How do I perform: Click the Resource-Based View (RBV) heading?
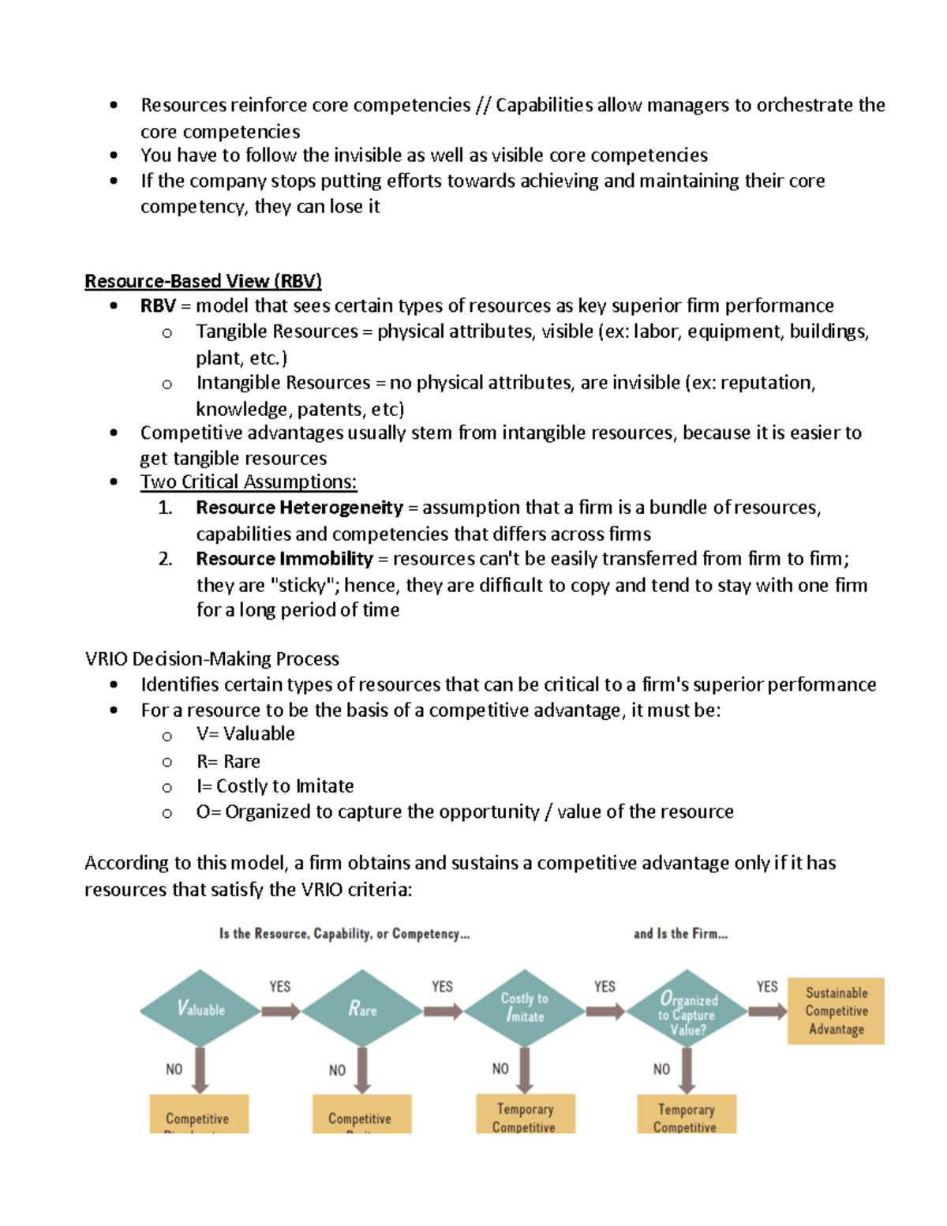(x=203, y=281)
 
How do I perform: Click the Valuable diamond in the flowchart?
(x=200, y=1009)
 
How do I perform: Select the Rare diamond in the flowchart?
(x=362, y=1009)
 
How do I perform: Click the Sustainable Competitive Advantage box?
(x=836, y=1010)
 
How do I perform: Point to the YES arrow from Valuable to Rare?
(x=281, y=1011)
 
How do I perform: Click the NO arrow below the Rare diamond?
(x=362, y=1070)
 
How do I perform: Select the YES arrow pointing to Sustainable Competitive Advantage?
(x=767, y=1011)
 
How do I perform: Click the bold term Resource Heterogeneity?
(x=299, y=508)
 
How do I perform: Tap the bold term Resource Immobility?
(x=284, y=559)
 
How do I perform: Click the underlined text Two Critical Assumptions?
(x=249, y=482)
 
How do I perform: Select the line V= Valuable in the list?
(x=245, y=733)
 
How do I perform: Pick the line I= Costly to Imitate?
(x=275, y=786)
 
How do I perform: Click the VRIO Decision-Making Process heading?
(x=211, y=658)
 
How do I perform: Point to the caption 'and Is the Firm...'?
(x=680, y=934)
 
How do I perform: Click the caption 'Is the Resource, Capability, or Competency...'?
(x=344, y=934)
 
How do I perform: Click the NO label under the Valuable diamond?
(x=174, y=1069)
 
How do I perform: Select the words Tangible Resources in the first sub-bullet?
(x=277, y=332)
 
